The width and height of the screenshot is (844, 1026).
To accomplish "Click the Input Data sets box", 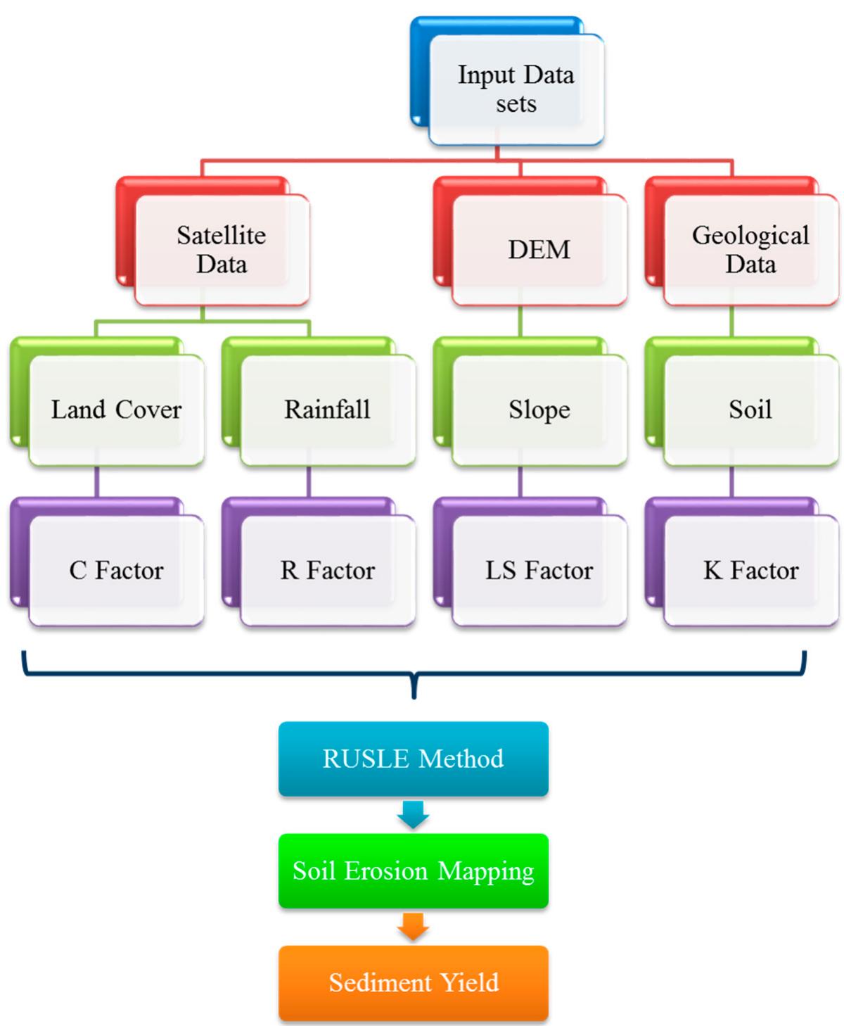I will (x=516, y=89).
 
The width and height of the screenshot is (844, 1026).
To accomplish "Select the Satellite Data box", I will (x=221, y=250).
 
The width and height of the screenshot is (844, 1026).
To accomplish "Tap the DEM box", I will (x=539, y=250).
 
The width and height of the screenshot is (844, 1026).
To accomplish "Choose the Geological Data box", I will (x=750, y=250).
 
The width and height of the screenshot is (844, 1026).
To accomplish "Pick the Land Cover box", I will (x=116, y=410).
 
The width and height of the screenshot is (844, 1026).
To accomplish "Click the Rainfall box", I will (x=327, y=410).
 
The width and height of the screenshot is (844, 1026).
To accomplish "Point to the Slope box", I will (x=539, y=410).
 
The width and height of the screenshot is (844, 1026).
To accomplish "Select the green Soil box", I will (x=750, y=410).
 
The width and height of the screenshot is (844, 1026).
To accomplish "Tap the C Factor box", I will (x=116, y=570).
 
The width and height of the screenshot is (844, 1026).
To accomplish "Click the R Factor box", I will (x=327, y=570).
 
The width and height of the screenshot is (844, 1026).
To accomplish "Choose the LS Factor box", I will (x=539, y=570).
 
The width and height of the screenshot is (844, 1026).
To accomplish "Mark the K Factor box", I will (x=750, y=570).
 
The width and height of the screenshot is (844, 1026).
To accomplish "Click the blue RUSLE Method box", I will (x=413, y=759).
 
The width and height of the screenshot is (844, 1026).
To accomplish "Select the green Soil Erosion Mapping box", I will (x=413, y=871).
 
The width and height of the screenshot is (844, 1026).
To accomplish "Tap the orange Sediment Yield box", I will (x=413, y=982).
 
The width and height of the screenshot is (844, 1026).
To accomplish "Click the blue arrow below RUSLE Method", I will (x=413, y=815).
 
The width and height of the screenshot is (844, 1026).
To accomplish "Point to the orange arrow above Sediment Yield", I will (x=413, y=927).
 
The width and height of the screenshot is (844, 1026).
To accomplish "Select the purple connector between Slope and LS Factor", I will (x=520, y=482).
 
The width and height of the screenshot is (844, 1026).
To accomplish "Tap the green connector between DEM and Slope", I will (x=520, y=322).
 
